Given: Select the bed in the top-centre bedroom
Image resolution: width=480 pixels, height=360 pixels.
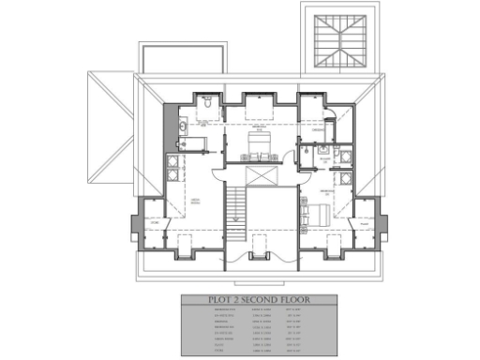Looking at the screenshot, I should tap(259, 142).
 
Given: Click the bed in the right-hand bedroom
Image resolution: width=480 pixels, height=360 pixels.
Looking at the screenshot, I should tap(314, 211).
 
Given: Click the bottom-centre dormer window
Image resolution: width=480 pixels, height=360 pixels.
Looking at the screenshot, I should tap(259, 247).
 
